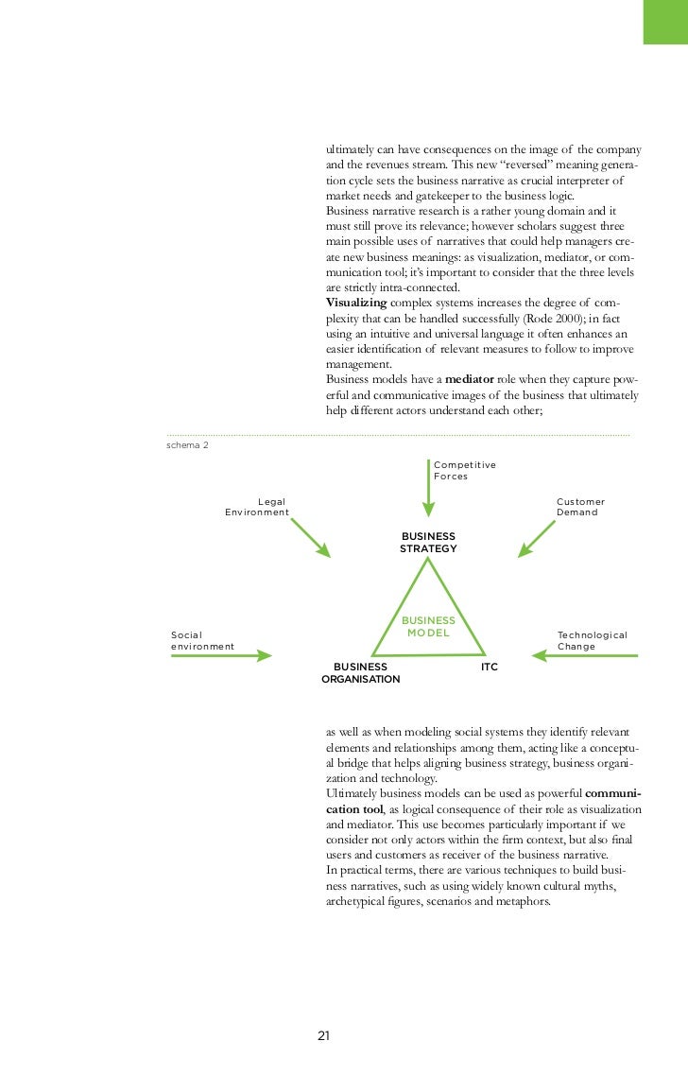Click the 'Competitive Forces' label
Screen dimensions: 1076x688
point(464,471)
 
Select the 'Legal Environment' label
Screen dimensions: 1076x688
point(257,507)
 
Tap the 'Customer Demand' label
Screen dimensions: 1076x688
point(580,507)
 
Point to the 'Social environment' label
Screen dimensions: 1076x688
point(201,641)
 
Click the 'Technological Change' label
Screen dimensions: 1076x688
point(592,641)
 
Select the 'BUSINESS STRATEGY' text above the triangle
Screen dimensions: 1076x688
point(428,543)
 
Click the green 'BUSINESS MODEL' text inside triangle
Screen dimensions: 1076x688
point(428,627)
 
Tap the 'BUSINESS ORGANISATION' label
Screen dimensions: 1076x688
point(360,672)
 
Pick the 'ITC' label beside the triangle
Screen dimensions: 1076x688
point(489,667)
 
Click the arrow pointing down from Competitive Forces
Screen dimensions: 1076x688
point(428,489)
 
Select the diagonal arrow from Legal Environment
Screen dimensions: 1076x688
point(310,537)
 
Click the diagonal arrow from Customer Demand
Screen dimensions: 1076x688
point(537,537)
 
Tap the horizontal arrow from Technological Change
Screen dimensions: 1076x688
point(586,654)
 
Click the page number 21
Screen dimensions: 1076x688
point(323,1035)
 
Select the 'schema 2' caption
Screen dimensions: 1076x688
point(187,445)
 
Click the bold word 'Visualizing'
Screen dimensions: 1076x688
point(356,303)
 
